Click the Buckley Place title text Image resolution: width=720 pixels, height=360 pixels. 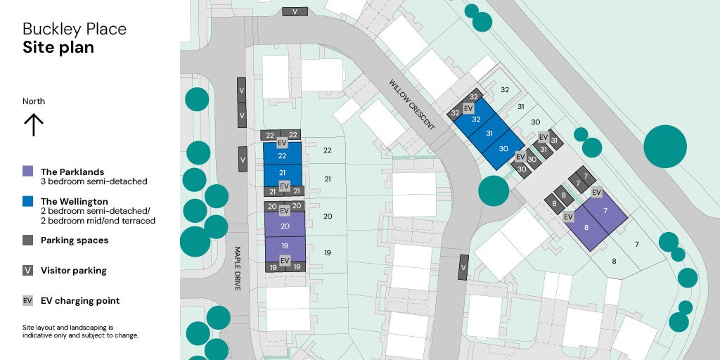tap(75, 30)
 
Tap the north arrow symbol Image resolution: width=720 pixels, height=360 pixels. tap(34, 124)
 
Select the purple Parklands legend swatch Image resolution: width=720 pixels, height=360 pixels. tap(28, 172)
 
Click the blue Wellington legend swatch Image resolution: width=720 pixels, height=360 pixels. tap(28, 201)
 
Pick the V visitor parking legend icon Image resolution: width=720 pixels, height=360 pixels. tap(28, 270)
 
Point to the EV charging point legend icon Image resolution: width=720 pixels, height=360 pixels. tap(28, 300)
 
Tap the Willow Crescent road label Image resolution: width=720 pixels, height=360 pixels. tap(412, 104)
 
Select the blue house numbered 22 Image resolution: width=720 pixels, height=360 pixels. tap(283, 155)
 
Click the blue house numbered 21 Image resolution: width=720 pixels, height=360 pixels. tap(283, 173)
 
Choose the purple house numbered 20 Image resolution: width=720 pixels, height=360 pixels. tap(285, 226)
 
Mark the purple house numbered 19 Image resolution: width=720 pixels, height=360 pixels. tap(285, 246)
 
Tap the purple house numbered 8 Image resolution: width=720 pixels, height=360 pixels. tap(586, 228)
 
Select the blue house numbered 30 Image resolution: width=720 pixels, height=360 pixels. tap(503, 148)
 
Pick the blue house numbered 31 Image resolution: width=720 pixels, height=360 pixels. tap(489, 134)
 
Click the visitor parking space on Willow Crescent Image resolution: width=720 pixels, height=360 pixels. tap(463, 267)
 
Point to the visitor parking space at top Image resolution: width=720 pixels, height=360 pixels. tap(295, 11)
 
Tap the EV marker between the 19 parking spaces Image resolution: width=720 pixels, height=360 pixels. tap(285, 261)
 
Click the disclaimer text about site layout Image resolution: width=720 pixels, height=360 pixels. tap(80, 331)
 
